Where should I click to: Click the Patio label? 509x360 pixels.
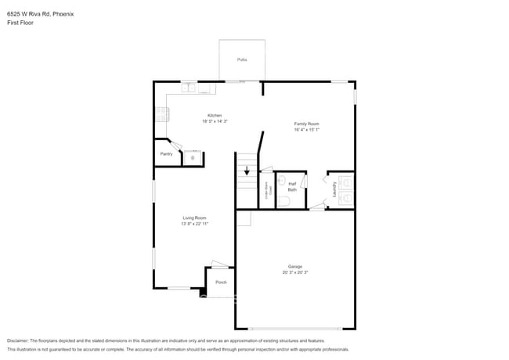click(242, 59)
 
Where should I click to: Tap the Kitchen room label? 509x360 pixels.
click(204, 115)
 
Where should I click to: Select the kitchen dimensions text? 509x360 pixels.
click(204, 121)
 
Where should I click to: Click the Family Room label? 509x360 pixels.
click(306, 124)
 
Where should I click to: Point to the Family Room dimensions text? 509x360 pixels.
click(306, 130)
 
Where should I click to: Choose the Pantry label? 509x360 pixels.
click(166, 154)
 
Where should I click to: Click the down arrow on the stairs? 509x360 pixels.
click(247, 169)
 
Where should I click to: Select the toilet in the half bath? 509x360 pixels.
click(283, 201)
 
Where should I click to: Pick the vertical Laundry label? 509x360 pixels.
click(334, 189)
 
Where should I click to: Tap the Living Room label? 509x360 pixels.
click(194, 218)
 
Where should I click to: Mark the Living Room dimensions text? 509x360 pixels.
click(194, 224)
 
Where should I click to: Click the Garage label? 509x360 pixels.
click(294, 267)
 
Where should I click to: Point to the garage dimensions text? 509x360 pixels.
click(294, 273)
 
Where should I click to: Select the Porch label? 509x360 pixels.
click(221, 282)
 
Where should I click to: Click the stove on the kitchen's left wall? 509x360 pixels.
click(161, 114)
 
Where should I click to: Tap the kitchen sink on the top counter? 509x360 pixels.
click(190, 88)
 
